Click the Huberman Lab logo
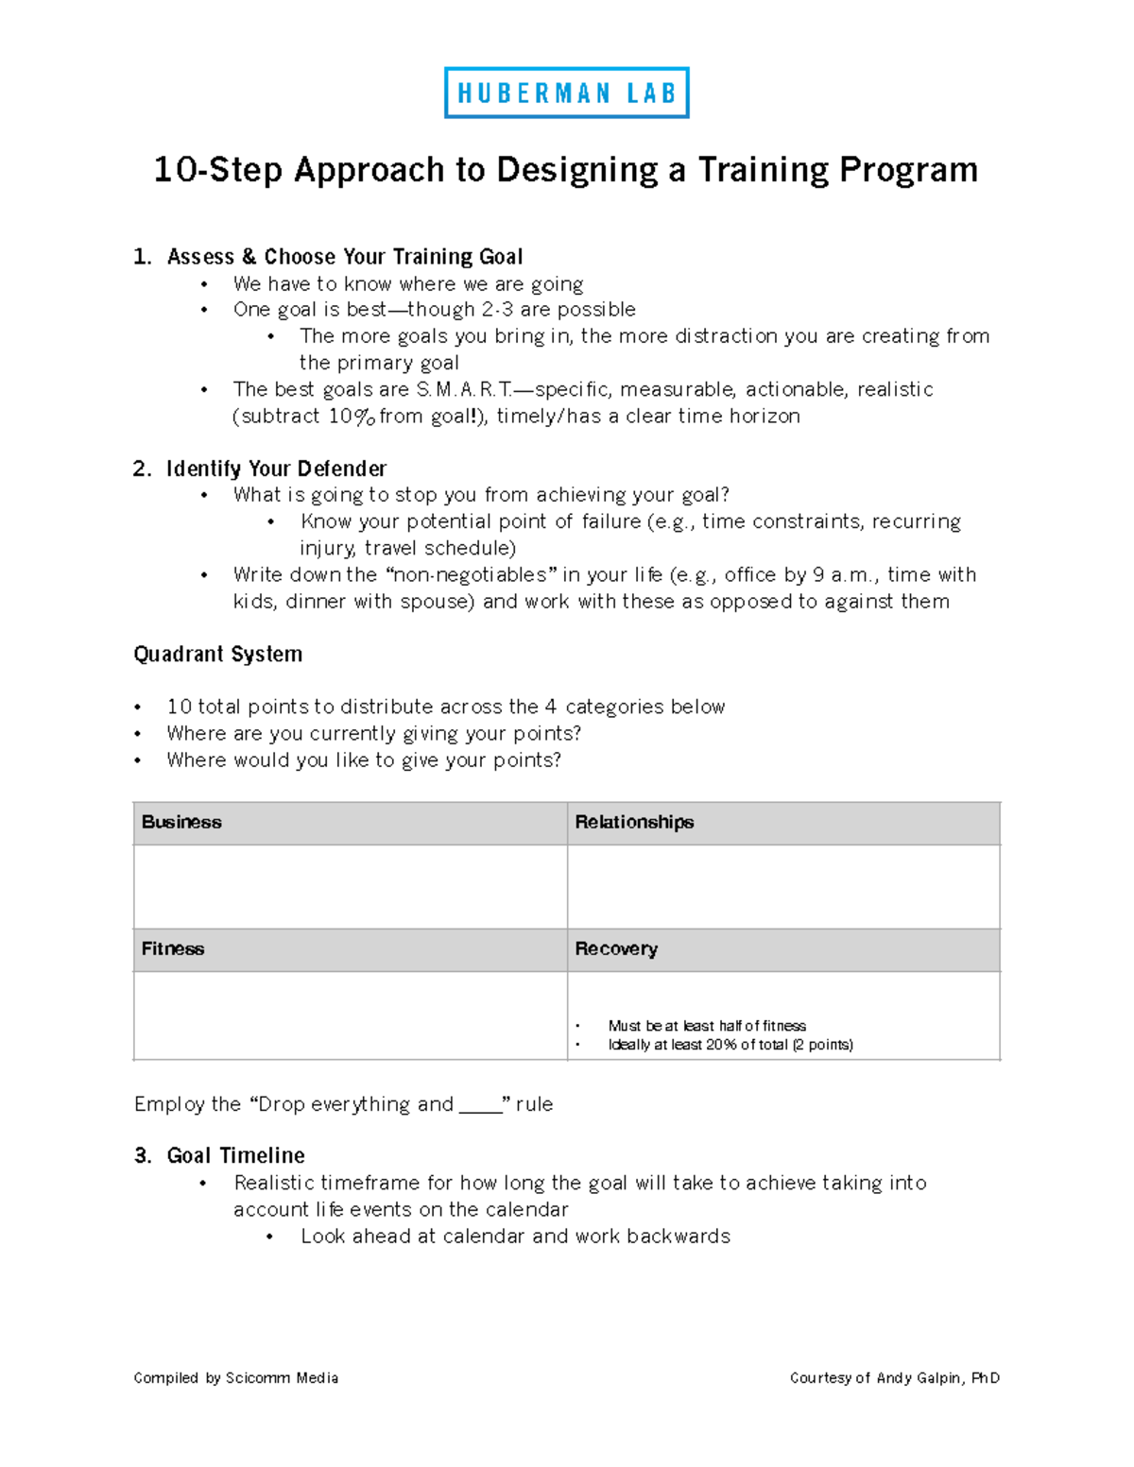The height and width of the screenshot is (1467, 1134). click(x=566, y=93)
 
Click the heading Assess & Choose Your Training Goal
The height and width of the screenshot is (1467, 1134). click(x=344, y=257)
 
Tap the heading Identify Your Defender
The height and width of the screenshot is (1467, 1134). click(x=276, y=469)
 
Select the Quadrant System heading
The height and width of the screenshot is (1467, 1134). click(x=217, y=654)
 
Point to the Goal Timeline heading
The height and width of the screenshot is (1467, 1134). click(x=235, y=1155)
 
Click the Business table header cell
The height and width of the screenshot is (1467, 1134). click(x=350, y=823)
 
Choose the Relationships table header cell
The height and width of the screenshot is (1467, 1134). click(x=782, y=823)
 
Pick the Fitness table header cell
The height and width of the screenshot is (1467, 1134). click(x=350, y=949)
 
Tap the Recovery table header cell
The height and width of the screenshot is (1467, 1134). click(x=782, y=949)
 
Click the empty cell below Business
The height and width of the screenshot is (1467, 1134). click(x=350, y=886)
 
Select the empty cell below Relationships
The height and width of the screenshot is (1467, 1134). click(x=782, y=886)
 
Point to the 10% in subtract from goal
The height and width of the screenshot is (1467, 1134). click(x=351, y=417)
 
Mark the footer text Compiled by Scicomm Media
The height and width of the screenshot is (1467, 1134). click(x=235, y=1378)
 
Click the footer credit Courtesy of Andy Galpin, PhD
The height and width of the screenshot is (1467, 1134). click(x=894, y=1378)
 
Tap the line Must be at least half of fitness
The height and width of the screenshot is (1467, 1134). click(x=706, y=1026)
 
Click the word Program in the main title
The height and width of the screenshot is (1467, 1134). click(x=908, y=170)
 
